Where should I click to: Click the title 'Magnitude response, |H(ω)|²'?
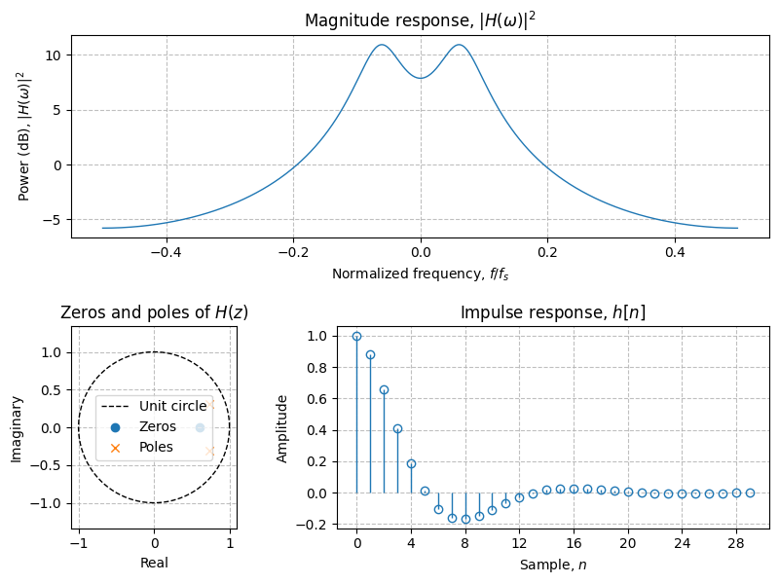420,20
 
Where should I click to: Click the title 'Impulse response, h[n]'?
552,312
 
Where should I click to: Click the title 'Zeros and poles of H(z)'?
154,312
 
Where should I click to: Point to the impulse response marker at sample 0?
356,336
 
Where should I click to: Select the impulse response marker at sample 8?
465,519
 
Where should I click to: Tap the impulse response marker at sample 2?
384,389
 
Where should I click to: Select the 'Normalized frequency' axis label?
420,274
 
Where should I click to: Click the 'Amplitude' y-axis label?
283,428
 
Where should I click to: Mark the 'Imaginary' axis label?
17,428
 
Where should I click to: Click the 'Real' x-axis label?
154,563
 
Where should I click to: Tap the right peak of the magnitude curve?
459,45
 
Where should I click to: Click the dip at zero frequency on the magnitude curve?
420,78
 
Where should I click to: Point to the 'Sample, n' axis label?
552,564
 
